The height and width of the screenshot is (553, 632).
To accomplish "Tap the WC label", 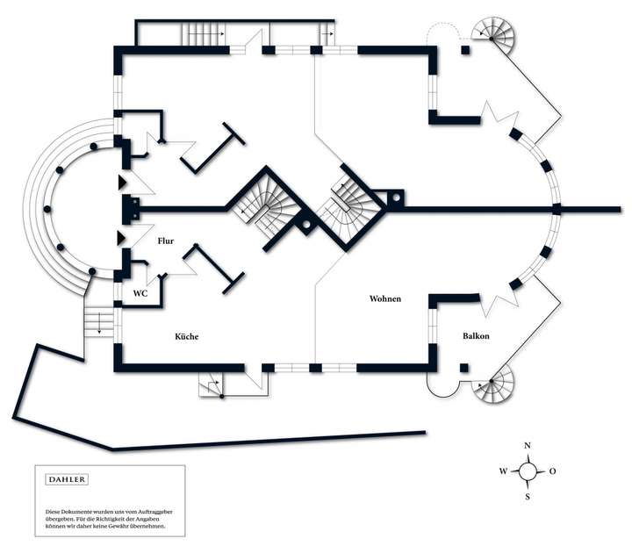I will (140, 293).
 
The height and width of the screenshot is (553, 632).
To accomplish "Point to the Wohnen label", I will (385, 299).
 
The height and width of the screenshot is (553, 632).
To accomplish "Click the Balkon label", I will (477, 335).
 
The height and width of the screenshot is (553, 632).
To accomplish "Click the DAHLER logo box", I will (66, 479).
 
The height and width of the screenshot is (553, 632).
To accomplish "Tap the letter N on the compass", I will (528, 446).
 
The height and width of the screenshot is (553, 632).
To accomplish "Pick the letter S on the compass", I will (528, 497).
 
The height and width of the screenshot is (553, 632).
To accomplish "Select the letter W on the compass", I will (503, 471).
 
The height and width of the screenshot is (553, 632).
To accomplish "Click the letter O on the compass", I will (552, 471).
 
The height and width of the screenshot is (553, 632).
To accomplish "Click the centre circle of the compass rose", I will (528, 471).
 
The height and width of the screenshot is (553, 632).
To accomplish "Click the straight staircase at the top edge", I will (204, 33).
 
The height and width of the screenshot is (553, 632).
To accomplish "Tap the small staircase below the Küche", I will (212, 384).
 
